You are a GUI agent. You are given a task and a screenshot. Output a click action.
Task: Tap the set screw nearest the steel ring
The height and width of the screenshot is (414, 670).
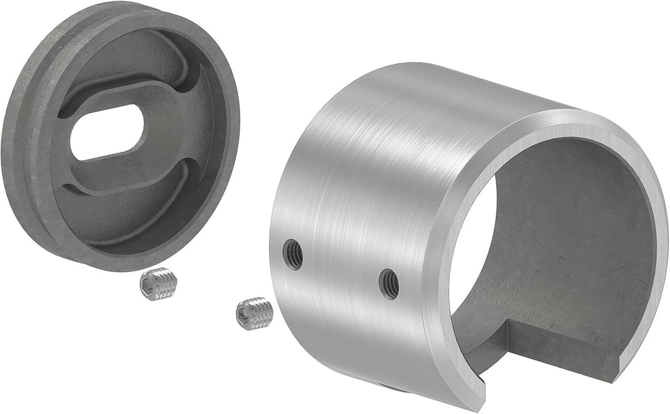pyautogui.click(x=255, y=313)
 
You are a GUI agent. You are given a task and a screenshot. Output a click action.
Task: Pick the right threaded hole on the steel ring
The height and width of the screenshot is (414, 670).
pyautogui.click(x=389, y=284)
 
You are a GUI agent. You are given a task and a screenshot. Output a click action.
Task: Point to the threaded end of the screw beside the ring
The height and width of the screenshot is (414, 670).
pyautogui.click(x=265, y=314)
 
